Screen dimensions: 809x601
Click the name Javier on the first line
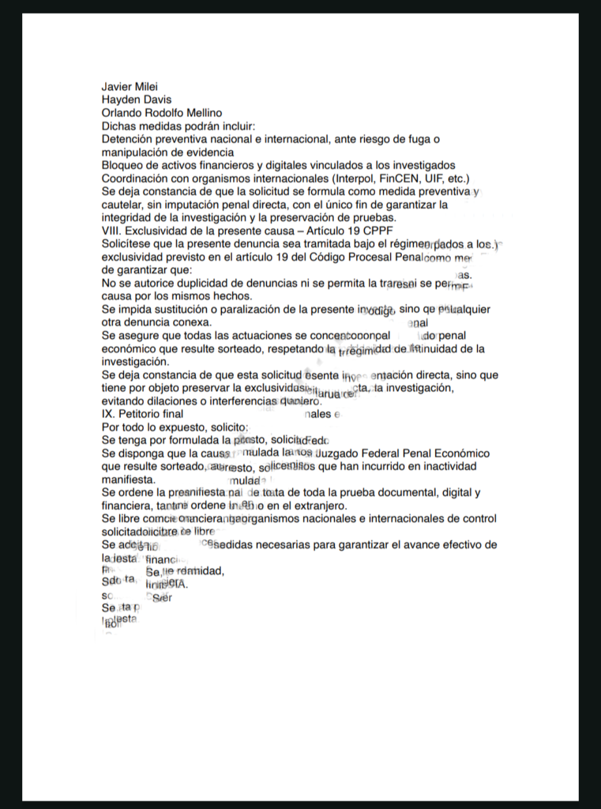(118, 86)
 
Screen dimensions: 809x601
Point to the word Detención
(130, 139)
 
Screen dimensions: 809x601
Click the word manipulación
(135, 152)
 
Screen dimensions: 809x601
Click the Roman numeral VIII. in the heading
(112, 231)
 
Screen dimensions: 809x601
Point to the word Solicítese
(129, 244)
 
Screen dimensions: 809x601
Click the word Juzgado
(334, 453)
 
